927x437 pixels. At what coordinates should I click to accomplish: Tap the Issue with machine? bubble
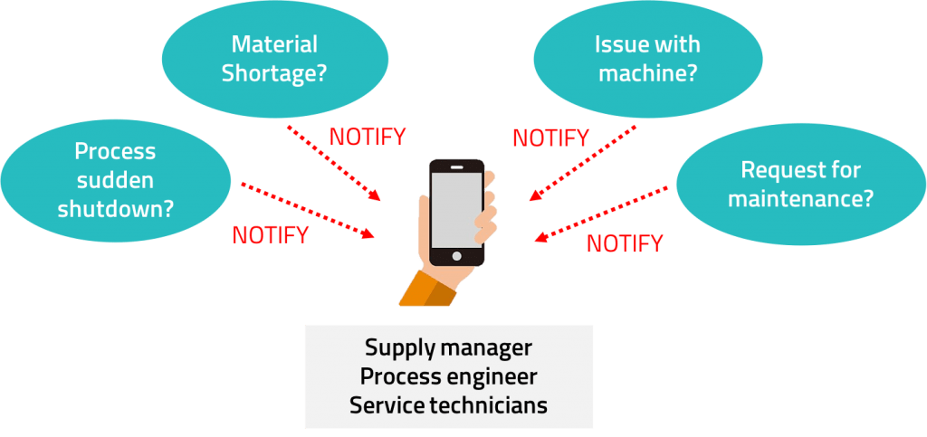(x=646, y=59)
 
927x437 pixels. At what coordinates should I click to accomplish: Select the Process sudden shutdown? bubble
(x=115, y=180)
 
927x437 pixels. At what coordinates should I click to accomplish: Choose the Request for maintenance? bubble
(x=800, y=184)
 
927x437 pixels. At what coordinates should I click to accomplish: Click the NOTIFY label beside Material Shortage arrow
(x=368, y=138)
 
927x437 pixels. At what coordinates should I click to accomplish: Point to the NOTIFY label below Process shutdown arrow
(x=270, y=235)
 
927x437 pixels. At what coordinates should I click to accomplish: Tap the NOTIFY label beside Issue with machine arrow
(x=550, y=138)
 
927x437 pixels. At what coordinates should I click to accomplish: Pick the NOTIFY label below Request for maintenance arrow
(x=625, y=242)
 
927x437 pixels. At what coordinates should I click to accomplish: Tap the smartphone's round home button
(x=456, y=256)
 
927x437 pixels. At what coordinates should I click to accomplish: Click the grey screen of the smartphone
(x=456, y=209)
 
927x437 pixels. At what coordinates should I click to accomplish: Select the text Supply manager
(x=448, y=347)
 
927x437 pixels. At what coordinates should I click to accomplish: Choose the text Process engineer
(x=448, y=375)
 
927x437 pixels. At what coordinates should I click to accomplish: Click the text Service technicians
(x=448, y=404)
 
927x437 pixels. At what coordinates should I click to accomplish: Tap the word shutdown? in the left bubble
(x=116, y=209)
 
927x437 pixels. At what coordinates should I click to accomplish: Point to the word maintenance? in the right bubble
(x=800, y=198)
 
